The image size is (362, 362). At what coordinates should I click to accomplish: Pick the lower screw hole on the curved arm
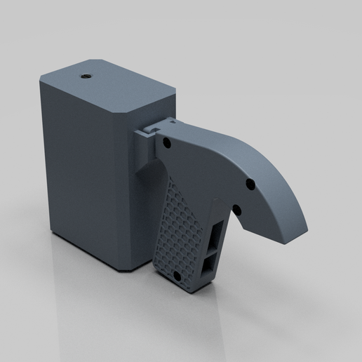[x=236, y=208]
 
